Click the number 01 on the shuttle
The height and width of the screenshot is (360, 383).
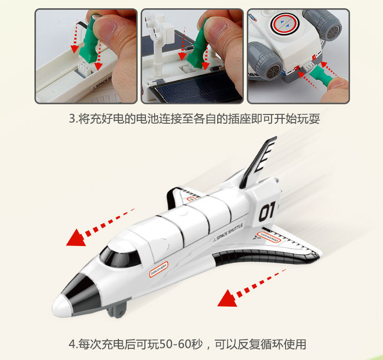click(x=267, y=211)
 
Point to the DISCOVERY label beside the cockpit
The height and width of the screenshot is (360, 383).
click(x=158, y=270)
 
